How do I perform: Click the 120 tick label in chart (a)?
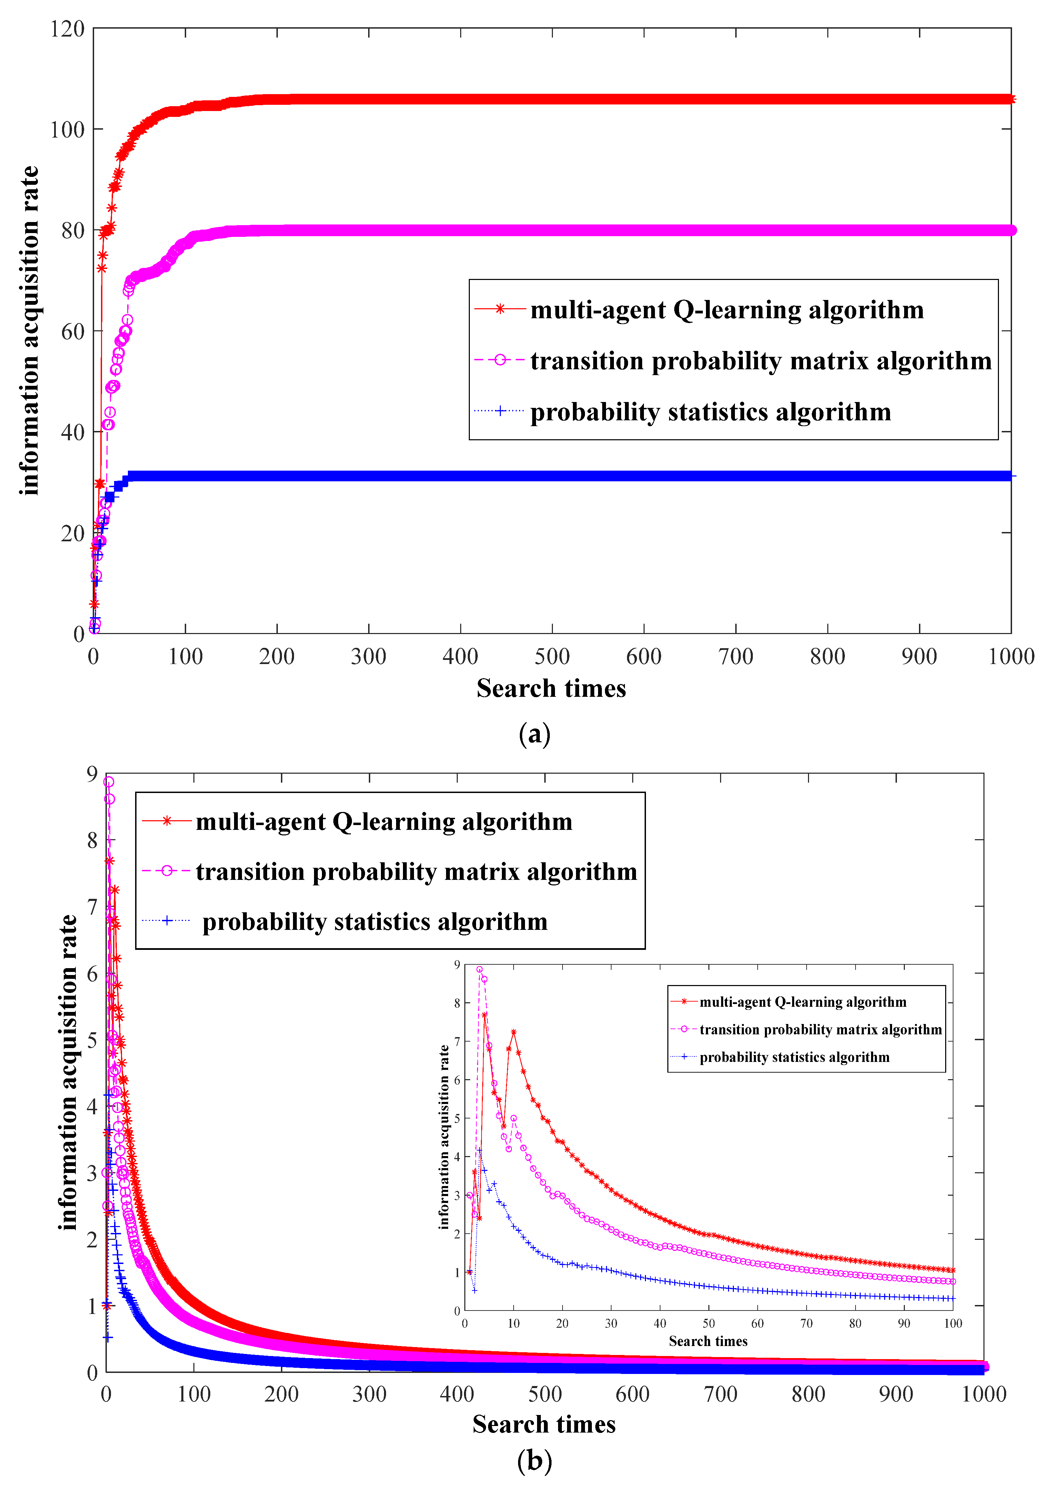[x=67, y=29]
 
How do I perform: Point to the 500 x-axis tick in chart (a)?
[x=552, y=656]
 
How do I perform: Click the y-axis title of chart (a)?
[x=29, y=330]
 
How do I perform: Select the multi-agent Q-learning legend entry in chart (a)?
[x=727, y=310]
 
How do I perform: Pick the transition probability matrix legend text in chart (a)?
[x=760, y=361]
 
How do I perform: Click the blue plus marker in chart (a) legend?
[x=499, y=411]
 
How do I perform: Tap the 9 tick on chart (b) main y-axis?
[x=92, y=774]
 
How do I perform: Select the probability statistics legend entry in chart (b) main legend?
[x=375, y=922]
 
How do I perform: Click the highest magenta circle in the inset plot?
[x=479, y=970]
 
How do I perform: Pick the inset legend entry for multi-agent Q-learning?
[x=802, y=1002]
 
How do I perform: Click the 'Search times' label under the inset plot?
[x=708, y=1341]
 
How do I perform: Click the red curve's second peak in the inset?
[x=513, y=1032]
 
